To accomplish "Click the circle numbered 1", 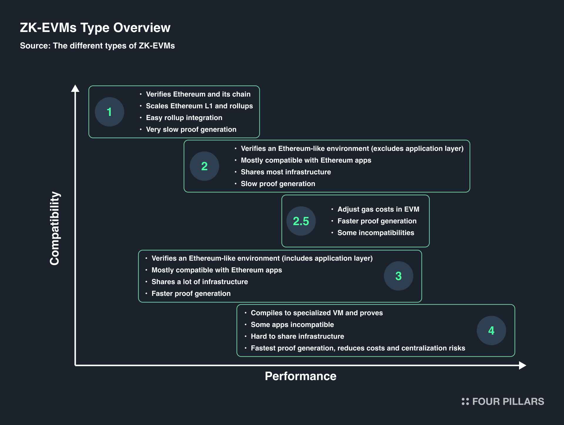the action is coord(110,112).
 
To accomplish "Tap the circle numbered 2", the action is coord(204,166).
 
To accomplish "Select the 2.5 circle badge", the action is coord(301,221).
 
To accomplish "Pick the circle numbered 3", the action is coord(399,276).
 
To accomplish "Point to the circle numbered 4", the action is coord(491,330).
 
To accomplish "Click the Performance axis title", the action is coord(301,376).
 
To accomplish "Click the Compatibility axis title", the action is coord(55,228).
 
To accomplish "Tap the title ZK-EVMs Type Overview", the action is coord(95,28).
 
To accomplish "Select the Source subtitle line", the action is coord(97,46).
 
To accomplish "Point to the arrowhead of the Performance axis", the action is coord(523,365).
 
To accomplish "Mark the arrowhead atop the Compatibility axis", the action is coord(75,88).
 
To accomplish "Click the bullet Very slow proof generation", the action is coord(191,129).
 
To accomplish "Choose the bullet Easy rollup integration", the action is coord(184,118).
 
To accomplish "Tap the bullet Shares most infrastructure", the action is coord(286,172).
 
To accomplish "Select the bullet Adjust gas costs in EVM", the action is coord(378,209).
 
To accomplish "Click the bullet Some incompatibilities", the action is coord(376,233).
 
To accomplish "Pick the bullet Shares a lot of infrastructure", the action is coord(200,282).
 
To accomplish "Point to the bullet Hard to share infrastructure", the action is coord(297,336).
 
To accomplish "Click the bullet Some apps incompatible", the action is coord(292,325).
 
